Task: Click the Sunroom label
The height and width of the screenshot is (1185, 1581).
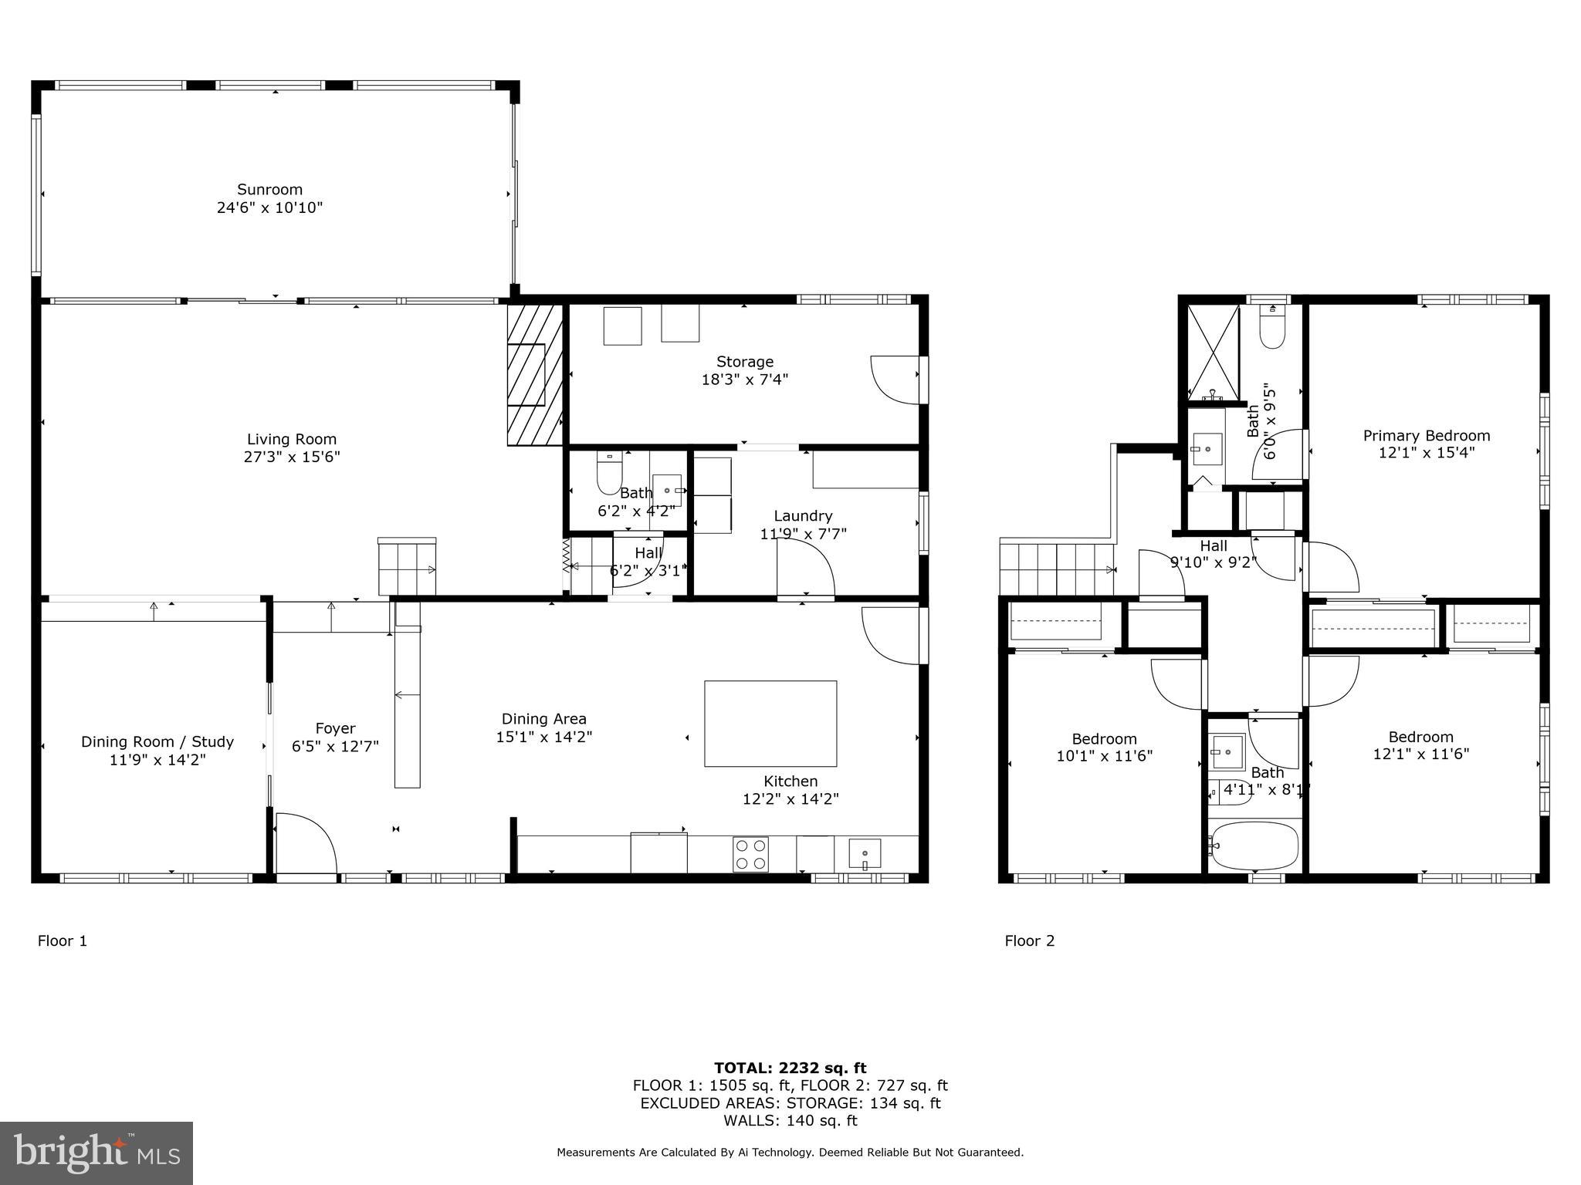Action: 269,189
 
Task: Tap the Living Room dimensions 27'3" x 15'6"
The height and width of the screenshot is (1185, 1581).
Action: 292,457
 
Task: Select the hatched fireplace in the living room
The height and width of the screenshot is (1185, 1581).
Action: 534,375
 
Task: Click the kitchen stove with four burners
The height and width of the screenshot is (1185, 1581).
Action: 750,854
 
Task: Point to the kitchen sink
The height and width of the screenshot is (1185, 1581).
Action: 865,854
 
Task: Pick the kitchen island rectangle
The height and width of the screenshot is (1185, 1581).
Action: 770,724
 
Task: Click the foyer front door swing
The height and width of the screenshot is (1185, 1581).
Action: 306,842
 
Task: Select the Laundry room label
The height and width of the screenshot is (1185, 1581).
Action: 803,516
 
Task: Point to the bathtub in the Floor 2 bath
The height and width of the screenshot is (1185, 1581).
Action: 1254,846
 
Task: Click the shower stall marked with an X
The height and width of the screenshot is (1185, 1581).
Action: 1212,351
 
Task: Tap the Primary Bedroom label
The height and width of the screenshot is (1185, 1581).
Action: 1426,436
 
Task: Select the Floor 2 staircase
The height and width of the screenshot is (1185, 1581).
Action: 1056,569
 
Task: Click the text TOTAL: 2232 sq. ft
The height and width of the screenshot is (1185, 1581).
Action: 790,1068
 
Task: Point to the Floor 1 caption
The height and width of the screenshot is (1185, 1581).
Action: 63,940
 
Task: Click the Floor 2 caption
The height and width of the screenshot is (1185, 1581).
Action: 1029,940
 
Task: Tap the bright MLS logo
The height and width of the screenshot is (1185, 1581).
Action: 96,1153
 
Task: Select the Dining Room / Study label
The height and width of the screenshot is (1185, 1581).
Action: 157,741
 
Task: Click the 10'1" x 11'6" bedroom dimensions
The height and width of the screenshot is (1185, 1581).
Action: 1104,756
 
